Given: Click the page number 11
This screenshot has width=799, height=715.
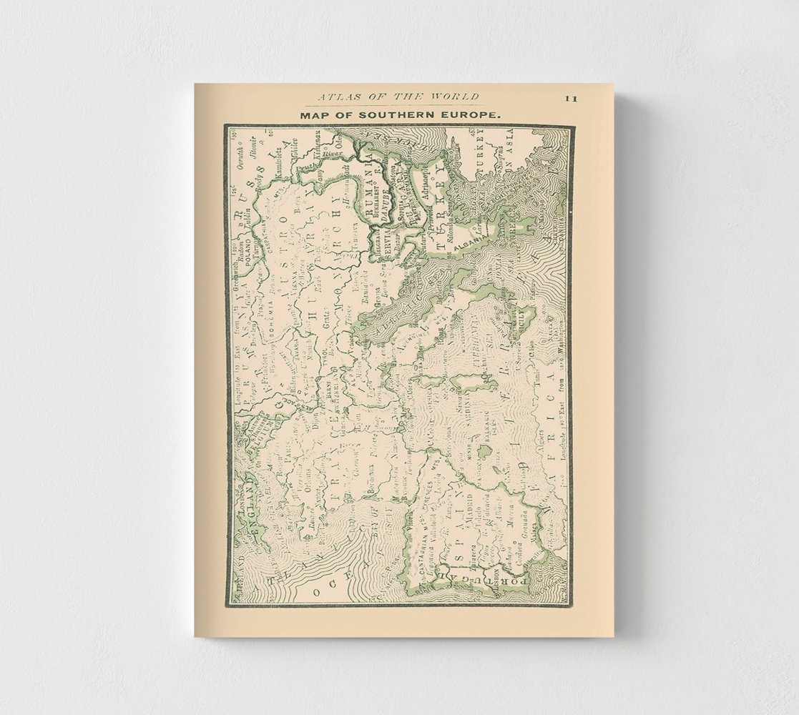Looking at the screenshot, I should [571, 99].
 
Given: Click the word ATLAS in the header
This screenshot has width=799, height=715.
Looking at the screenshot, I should [337, 97].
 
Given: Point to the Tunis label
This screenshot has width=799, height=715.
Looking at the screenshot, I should [539, 376].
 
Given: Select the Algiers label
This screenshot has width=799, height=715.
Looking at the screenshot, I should [543, 436].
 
